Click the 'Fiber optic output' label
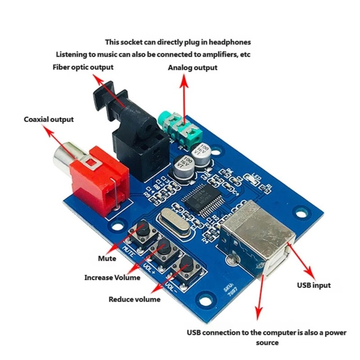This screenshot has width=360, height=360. tap(83, 67)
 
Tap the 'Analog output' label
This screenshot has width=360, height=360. tap(193, 67)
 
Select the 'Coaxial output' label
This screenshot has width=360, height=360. tap(49, 120)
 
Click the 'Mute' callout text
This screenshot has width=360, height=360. tap(107, 258)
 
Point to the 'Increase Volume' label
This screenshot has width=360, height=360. tap(112, 278)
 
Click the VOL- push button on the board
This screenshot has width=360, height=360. tap(185, 268)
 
